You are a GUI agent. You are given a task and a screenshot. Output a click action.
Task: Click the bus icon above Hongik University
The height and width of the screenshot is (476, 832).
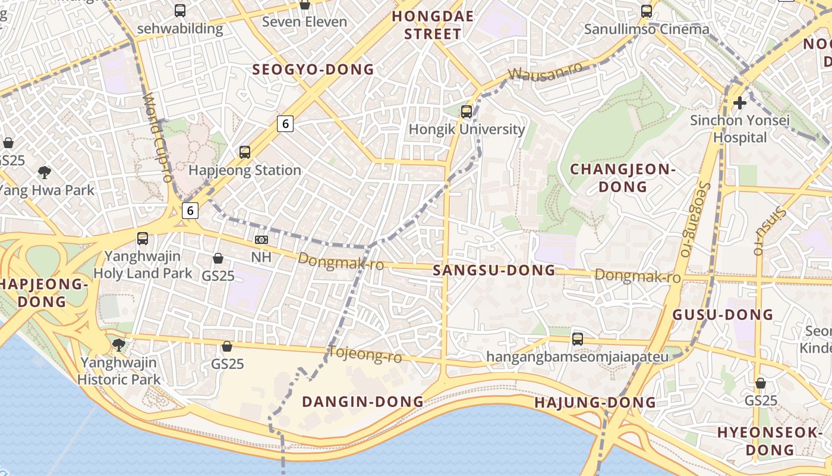tap(467, 111)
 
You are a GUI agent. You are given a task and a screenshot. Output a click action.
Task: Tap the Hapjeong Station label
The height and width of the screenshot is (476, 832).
tap(245, 170)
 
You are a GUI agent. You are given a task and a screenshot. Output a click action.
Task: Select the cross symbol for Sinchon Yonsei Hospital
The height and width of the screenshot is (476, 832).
tap(739, 103)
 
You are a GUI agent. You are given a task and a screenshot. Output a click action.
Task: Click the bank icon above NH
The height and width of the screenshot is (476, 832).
tap(261, 240)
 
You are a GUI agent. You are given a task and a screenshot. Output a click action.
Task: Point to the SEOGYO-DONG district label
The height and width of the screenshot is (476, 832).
tap(313, 70)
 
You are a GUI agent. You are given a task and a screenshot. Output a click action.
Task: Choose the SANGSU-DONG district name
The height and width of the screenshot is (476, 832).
tap(494, 271)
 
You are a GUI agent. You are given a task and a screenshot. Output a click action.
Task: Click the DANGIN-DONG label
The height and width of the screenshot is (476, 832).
tap(363, 402)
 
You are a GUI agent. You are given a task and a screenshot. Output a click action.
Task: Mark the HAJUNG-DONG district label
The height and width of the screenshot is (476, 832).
tap(595, 403)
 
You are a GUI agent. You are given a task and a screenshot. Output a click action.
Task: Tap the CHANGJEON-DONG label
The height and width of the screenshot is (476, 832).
tap(623, 178)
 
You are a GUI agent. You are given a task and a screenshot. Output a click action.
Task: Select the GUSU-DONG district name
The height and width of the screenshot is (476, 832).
tap(723, 315)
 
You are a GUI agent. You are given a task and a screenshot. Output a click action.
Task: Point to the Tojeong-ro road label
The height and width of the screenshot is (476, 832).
tap(365, 355)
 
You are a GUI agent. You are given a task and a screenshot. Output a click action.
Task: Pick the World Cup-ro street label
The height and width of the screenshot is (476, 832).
tap(157, 137)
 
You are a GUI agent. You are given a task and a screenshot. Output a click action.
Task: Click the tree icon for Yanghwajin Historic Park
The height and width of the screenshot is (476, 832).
tap(119, 345)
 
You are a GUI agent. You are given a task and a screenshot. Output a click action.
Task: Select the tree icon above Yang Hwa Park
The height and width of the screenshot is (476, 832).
tap(44, 173)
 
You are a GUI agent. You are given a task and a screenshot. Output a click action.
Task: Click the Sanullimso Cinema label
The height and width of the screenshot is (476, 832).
tap(647, 29)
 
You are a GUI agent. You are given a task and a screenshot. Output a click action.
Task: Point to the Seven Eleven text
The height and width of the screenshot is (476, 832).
tap(305, 22)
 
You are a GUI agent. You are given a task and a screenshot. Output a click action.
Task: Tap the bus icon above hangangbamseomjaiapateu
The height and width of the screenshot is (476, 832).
tap(577, 339)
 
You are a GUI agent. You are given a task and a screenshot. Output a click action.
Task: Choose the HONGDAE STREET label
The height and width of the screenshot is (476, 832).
tap(433, 25)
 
